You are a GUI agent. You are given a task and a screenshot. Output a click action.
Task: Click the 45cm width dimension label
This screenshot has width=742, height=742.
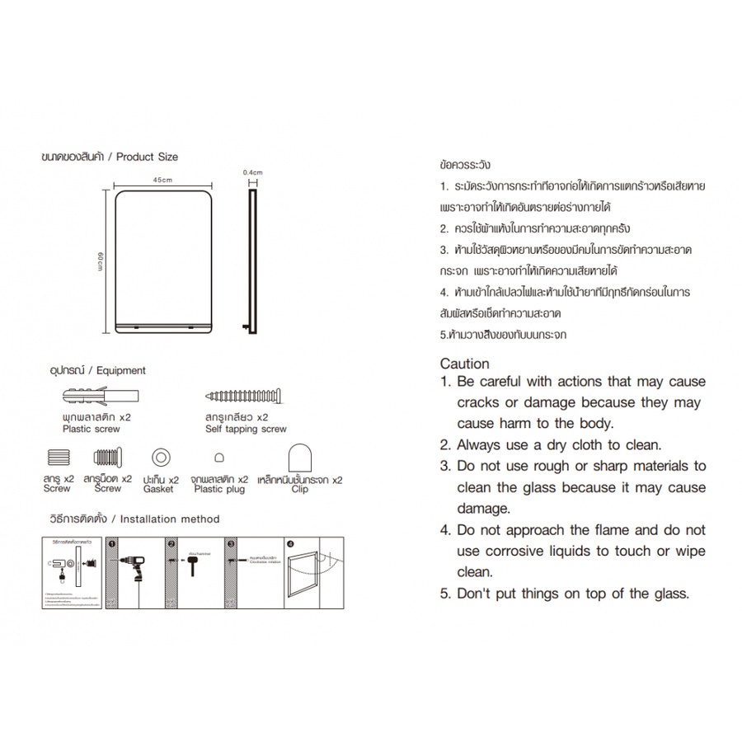(162, 180)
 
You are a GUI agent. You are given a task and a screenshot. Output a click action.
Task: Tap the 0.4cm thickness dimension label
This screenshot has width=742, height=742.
(251, 172)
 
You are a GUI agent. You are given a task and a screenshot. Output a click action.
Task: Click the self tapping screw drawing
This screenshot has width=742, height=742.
(246, 397)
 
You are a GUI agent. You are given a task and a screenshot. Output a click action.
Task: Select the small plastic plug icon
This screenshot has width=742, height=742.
(219, 458)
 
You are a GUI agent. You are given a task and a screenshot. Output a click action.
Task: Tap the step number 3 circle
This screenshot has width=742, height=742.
(231, 543)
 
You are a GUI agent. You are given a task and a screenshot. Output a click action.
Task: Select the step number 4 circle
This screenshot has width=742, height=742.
(289, 543)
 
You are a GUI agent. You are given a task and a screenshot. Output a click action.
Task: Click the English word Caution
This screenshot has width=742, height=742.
(464, 364)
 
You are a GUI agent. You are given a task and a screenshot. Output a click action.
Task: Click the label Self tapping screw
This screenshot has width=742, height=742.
(246, 429)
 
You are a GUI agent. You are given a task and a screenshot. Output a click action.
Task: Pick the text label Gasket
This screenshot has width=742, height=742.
(158, 489)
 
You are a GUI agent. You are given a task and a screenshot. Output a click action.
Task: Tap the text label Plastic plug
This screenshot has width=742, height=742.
(220, 489)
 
